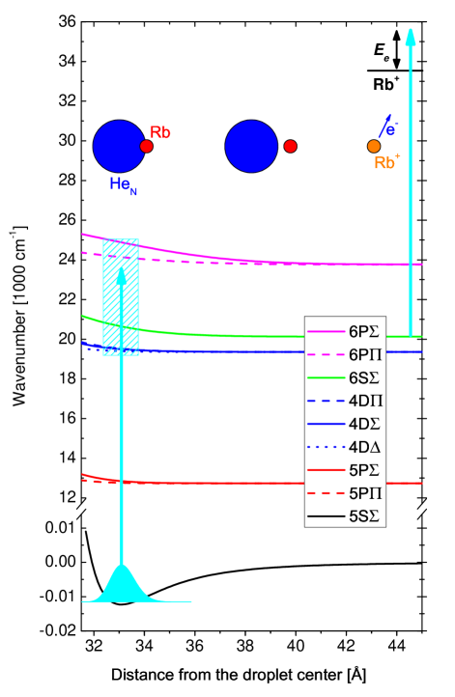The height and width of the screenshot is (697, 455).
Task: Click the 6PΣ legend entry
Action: pyautogui.click(x=345, y=331)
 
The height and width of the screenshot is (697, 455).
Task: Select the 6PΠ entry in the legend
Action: pyautogui.click(x=345, y=354)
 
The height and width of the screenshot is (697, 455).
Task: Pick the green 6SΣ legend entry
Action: pyautogui.click(x=345, y=377)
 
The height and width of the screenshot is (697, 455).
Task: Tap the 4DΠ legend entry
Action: pyautogui.click(x=345, y=401)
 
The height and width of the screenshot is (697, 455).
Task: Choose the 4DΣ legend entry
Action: pyautogui.click(x=345, y=424)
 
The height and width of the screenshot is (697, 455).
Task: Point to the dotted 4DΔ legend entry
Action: pyautogui.click(x=345, y=447)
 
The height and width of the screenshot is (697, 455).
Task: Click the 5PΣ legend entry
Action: pyautogui.click(x=345, y=470)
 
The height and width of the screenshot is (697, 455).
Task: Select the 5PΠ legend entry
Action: pyautogui.click(x=345, y=493)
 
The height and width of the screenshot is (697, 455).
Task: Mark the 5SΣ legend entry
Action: pyautogui.click(x=345, y=516)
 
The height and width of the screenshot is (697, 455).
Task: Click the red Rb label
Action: pyautogui.click(x=160, y=132)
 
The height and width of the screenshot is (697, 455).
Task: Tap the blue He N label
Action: pyautogui.click(x=123, y=184)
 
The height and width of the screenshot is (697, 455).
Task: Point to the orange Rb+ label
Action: pyautogui.click(x=386, y=163)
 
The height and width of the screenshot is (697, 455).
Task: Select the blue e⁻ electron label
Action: pyautogui.click(x=389, y=126)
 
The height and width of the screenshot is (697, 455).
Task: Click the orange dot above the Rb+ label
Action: pyautogui.click(x=374, y=146)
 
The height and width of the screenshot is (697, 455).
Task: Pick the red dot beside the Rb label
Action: pyautogui.click(x=146, y=146)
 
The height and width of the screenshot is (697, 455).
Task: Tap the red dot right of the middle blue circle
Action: pyautogui.click(x=290, y=146)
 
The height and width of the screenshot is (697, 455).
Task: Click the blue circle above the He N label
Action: pyautogui.click(x=119, y=146)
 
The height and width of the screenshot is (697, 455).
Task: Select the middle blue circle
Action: pyautogui.click(x=251, y=146)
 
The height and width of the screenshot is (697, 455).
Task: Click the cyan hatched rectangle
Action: pyautogui.click(x=121, y=297)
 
